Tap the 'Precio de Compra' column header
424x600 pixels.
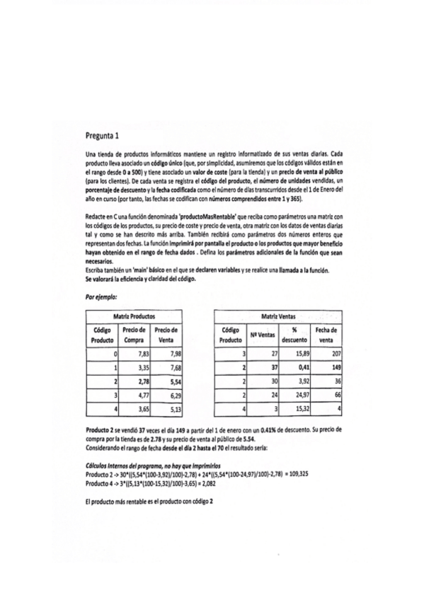[x=133, y=335]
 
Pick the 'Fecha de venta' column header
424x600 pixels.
[x=325, y=335]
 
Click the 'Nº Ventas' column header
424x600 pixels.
[x=263, y=335]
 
